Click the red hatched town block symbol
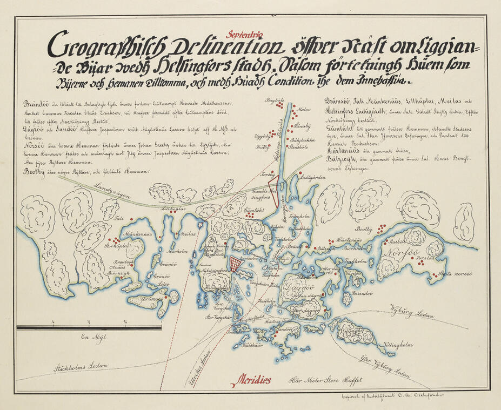pyautogui.click(x=235, y=264)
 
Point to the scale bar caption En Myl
pyautogui.click(x=91, y=338)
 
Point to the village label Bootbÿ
pyautogui.click(x=365, y=230)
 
